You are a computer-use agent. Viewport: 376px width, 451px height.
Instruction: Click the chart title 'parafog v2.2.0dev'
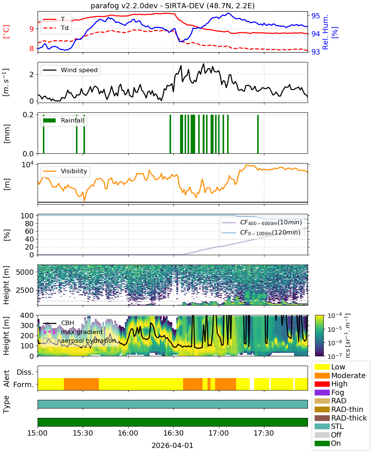[124, 6]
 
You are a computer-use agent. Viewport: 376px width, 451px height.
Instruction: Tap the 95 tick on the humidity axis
[315, 15]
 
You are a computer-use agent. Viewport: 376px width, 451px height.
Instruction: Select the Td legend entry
[56, 28]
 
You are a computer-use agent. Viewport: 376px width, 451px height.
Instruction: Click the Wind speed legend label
[79, 70]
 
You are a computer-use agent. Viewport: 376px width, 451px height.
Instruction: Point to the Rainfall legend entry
[64, 120]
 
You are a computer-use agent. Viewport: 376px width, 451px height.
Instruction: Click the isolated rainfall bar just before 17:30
[258, 134]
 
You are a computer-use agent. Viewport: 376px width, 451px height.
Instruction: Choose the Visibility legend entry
[65, 171]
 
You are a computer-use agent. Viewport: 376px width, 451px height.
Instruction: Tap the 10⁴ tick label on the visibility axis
[28, 165]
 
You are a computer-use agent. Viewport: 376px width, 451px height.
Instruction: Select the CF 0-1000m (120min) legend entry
[261, 233]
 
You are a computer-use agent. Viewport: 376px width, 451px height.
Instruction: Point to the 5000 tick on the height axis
[25, 272]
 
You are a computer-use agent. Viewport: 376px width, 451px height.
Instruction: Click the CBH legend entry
[59, 323]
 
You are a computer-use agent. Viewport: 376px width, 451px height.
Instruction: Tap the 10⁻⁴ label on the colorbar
[335, 316]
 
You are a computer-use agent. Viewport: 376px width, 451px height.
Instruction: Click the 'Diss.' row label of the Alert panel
[25, 372]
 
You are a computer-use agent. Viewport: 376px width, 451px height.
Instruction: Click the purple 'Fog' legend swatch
[322, 392]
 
